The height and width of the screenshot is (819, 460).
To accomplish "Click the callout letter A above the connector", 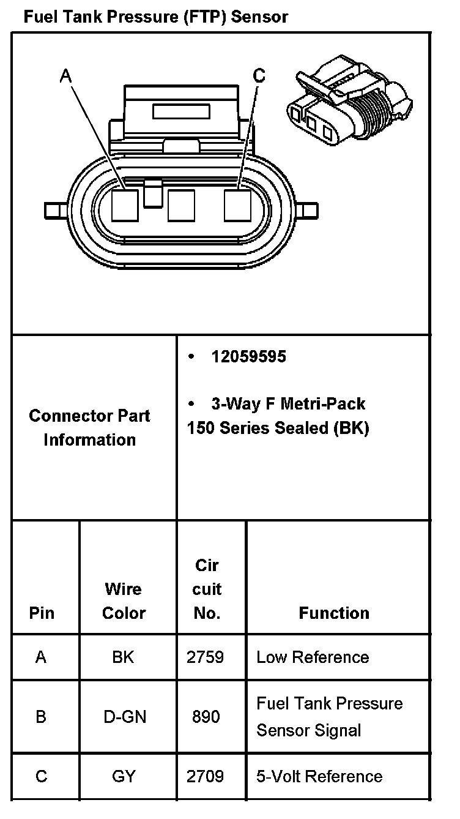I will (x=66, y=76).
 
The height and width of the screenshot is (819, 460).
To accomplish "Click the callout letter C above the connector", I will (x=259, y=76).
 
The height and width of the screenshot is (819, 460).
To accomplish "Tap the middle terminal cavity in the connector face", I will (x=181, y=205).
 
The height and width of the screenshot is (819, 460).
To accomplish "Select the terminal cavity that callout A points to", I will (x=126, y=205).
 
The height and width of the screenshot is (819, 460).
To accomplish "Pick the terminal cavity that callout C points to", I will (x=237, y=205).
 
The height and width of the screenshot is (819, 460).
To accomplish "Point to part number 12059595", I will (x=248, y=356).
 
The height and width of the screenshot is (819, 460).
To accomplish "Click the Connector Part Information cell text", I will (x=89, y=427).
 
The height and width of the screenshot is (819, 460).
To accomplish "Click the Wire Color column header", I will (x=124, y=600).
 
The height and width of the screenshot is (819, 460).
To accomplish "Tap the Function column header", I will (x=334, y=613).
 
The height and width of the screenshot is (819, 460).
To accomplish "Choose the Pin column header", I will (x=42, y=613).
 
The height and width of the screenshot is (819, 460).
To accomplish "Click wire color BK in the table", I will (x=124, y=657).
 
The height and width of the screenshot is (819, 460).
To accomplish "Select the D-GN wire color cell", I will (x=125, y=716).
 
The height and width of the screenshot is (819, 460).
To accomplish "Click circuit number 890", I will (x=206, y=716).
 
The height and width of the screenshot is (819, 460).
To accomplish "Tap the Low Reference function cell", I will (x=313, y=657).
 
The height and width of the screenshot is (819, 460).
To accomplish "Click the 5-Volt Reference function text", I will (x=319, y=777).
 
